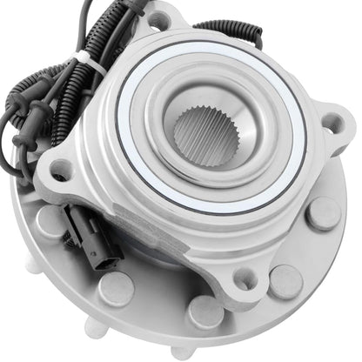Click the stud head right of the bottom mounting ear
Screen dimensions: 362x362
(x=285, y=280)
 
